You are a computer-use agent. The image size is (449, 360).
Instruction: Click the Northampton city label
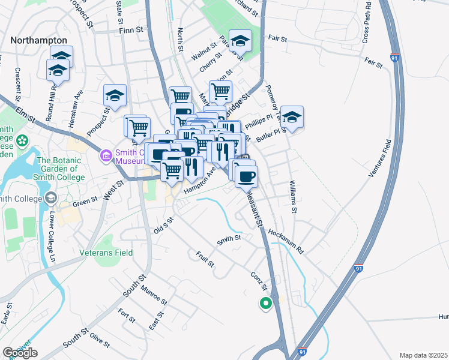tap(38, 40)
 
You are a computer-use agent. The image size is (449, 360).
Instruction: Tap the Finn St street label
tap(133, 29)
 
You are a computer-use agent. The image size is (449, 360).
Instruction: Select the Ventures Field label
tap(380, 157)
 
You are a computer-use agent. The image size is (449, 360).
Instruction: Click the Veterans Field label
tap(106, 253)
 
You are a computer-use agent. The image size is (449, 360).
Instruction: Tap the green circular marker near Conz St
tap(264, 304)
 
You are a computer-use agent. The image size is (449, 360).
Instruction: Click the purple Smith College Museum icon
tap(106, 157)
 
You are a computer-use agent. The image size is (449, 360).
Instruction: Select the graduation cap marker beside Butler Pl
tap(292, 116)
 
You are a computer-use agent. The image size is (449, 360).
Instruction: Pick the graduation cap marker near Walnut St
tap(240, 41)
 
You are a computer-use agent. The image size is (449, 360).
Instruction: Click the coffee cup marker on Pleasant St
tap(246, 175)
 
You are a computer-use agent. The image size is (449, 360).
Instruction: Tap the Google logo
tap(20, 353)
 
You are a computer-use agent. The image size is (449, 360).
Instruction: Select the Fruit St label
tap(205, 259)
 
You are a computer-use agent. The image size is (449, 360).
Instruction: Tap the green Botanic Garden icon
tap(23, 142)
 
